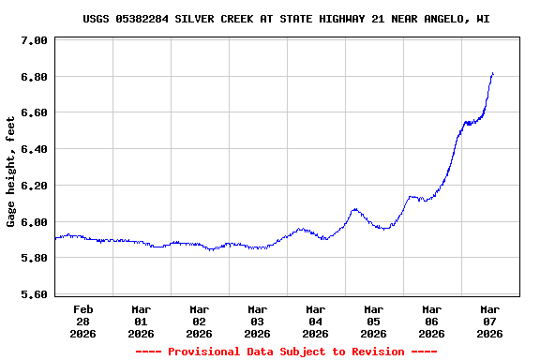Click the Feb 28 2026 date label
(83, 321)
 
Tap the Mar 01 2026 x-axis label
(142, 321)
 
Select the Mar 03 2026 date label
(258, 321)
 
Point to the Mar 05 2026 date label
(374, 321)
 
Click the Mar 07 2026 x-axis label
(490, 321)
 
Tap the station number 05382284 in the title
(144, 19)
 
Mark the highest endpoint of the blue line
(492, 73)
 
